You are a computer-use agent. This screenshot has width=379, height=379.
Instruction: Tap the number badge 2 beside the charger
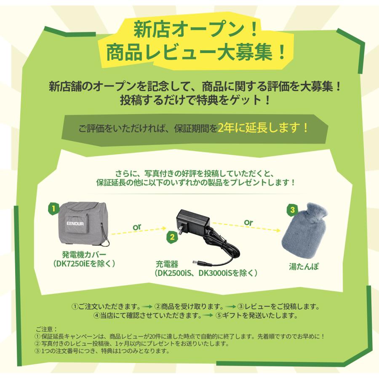(x=171, y=237)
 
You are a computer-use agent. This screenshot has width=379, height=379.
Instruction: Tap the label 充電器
(x=166, y=264)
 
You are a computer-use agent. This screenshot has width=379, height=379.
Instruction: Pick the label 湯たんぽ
(x=303, y=267)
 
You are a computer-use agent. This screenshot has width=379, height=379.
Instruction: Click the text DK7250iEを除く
(x=84, y=263)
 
